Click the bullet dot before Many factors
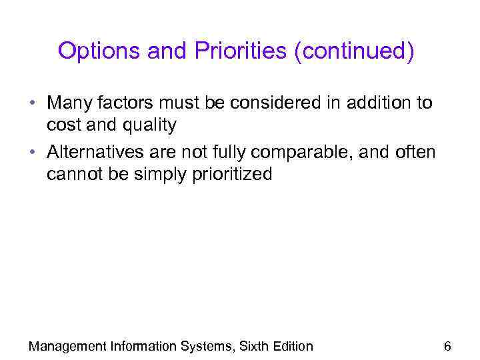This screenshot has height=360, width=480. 32,104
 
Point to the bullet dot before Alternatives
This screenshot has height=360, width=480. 32,153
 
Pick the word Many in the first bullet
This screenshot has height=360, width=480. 69,103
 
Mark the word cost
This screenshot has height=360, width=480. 63,125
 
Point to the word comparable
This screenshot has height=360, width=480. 311,153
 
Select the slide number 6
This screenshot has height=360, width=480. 447,345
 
